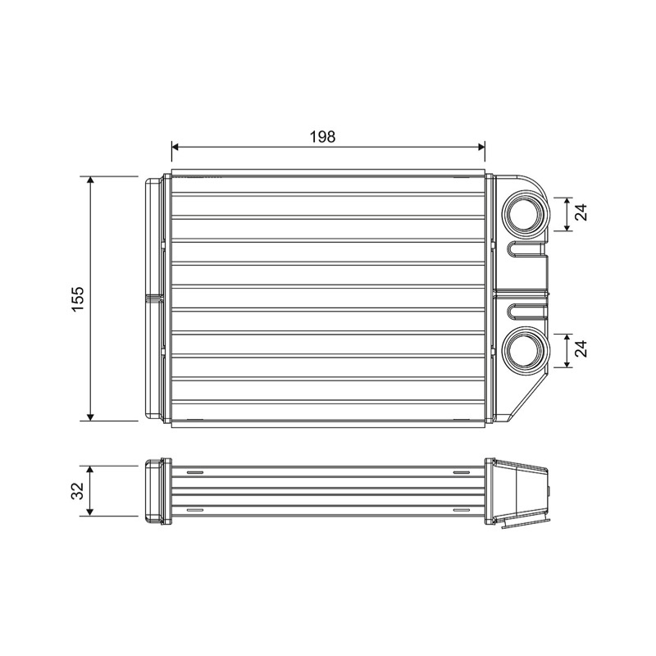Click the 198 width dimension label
pyautogui.click(x=322, y=136)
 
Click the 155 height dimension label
pyautogui.click(x=78, y=298)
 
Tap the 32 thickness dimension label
pyautogui.click(x=78, y=490)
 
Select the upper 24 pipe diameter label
pyautogui.click(x=581, y=212)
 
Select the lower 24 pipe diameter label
pyautogui.click(x=581, y=349)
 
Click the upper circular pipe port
pyautogui.click(x=526, y=213)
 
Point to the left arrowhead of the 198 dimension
pyautogui.click(x=175, y=147)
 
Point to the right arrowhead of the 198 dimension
pyautogui.click(x=481, y=147)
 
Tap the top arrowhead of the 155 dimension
pyautogui.click(x=90, y=180)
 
